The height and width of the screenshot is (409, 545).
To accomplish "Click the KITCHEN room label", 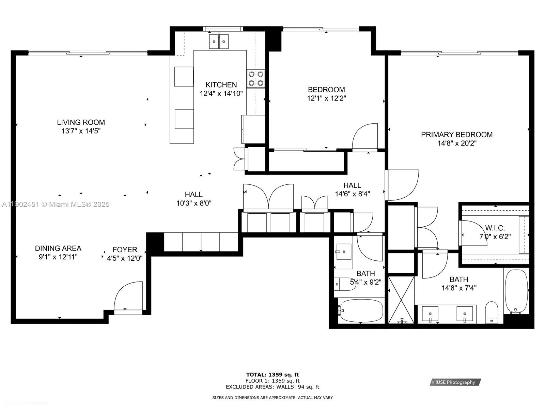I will pos(221,85).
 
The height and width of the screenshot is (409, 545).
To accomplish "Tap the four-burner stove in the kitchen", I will pos(256,79).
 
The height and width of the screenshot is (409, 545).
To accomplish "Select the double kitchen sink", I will pos(219,42).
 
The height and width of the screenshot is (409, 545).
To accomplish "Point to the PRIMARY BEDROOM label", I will pos(456,135).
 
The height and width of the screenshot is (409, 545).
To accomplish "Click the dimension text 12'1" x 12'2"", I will pos(326,99).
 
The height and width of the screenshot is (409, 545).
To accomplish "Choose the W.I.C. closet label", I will pos(495,228).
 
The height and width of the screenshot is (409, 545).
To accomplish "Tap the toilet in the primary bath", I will pos(492,312).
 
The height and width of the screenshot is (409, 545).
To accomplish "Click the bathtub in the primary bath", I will pos(516,290).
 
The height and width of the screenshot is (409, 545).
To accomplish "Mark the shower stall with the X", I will pos(402,300).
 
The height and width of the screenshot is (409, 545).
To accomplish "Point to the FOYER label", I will pos(125,250).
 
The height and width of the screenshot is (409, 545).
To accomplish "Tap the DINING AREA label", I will pos(58,248).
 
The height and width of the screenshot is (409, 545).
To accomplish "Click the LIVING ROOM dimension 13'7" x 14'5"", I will pos(81,131).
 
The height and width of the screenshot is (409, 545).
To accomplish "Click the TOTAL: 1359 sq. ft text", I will pos(272,375).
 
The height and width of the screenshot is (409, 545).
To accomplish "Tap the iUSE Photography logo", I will pos(455,382).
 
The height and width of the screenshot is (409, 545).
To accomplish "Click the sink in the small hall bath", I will pos(344,252).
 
